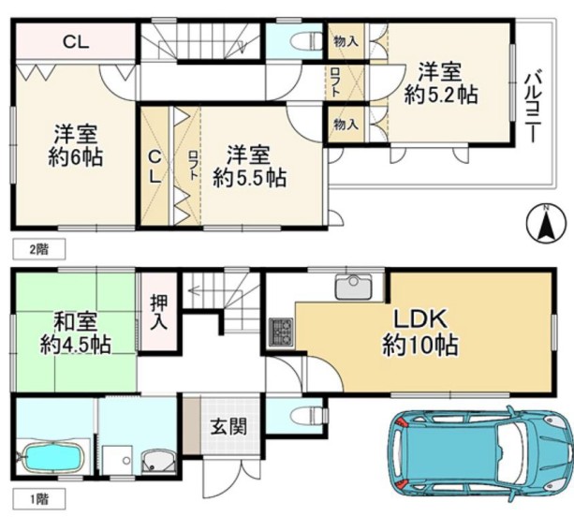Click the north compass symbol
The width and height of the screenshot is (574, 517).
pyautogui.click(x=546, y=224)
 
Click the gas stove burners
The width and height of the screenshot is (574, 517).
pyautogui.click(x=281, y=332)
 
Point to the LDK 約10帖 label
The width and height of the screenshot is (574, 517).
pyautogui.click(x=419, y=332)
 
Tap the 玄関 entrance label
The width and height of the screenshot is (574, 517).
pyautogui.click(x=228, y=426)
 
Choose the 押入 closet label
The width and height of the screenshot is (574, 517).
pyautogui.click(x=159, y=312)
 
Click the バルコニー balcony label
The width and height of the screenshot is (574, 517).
pyautogui.click(x=533, y=107)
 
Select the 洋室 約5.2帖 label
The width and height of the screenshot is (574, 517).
pyautogui.click(x=441, y=83)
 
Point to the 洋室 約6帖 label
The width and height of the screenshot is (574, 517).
pyautogui.click(x=76, y=145)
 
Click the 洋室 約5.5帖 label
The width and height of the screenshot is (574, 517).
pyautogui.click(x=250, y=166)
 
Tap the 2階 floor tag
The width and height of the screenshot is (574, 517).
pyautogui.click(x=39, y=249)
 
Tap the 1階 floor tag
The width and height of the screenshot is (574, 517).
pyautogui.click(x=39, y=498)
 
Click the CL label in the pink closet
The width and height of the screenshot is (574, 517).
pyautogui.click(x=76, y=42)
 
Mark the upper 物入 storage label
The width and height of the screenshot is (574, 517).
pyautogui.click(x=346, y=41)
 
